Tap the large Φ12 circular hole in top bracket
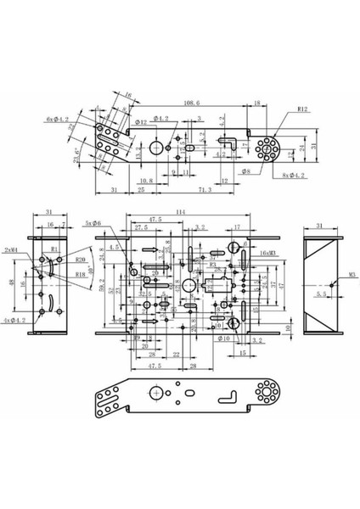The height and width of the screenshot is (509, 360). pos(158,148)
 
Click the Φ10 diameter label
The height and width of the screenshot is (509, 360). pos(225,338)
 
